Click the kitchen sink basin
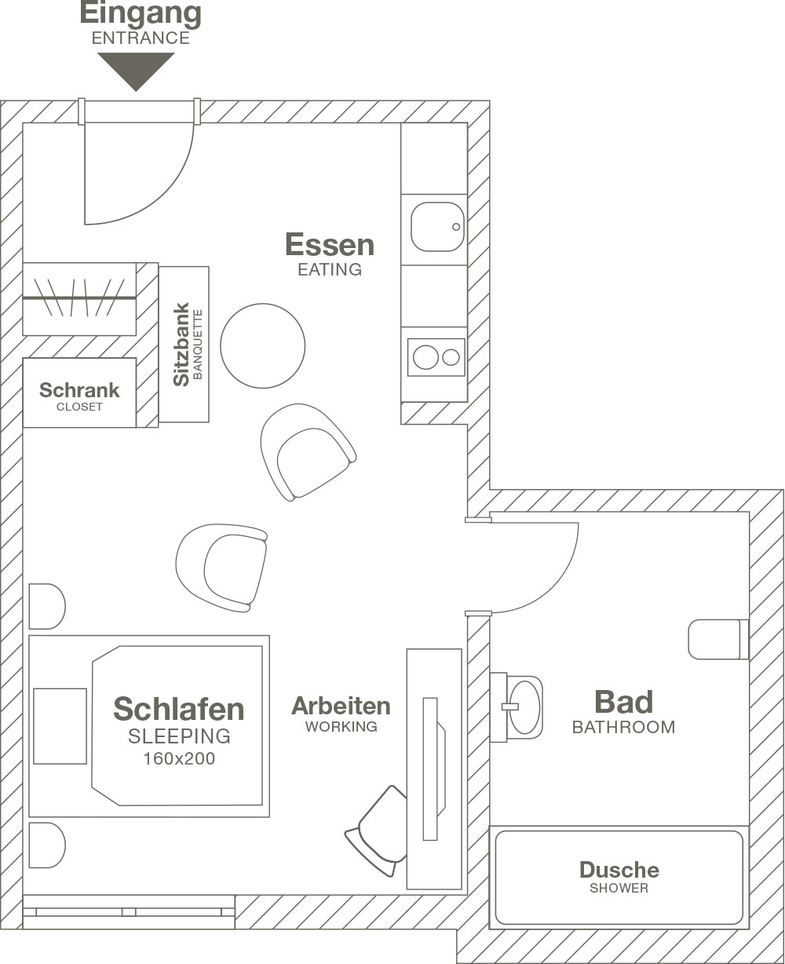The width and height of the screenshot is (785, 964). pos(437,227)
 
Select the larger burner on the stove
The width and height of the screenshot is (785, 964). pos(425,357)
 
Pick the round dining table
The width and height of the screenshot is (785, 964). pos(263,345)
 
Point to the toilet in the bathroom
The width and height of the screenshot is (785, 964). pos(718,639)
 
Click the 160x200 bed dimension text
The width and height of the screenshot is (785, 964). pos(179,758)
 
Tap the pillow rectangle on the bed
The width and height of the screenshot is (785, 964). pos(60,726)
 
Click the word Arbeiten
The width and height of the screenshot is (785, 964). pos(341,706)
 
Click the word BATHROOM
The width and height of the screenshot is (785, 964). pos(624,727)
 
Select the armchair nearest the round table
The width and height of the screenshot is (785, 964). pos(308,452)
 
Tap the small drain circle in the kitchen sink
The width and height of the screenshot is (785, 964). pos(456,227)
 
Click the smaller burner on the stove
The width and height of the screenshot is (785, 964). pos(451,357)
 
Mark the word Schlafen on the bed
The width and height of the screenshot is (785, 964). pos(179,709)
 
